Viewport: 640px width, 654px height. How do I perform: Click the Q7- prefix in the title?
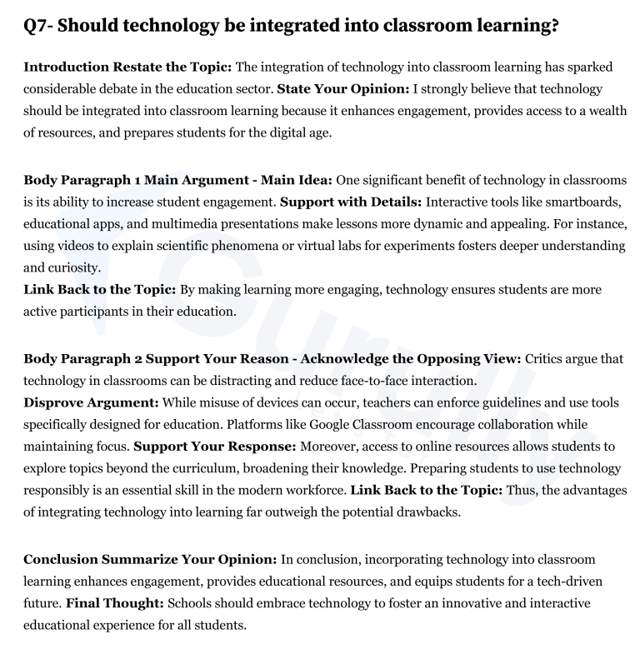point(39,26)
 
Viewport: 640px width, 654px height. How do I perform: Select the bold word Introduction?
point(65,66)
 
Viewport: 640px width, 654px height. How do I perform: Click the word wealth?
point(607,111)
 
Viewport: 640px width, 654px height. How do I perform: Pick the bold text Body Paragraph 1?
point(80,180)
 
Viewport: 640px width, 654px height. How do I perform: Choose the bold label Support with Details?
point(351,202)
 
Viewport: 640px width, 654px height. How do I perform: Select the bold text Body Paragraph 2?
point(80,358)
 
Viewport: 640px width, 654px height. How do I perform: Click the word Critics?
point(551,358)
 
